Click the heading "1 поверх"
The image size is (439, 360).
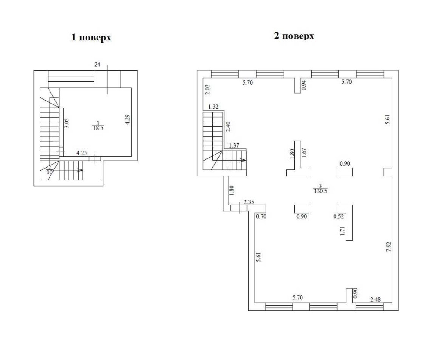(91, 37)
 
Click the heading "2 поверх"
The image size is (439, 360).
(294, 36)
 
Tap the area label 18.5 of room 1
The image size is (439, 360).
(98, 128)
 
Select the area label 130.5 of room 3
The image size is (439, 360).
(320, 191)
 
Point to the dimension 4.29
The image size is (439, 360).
(127, 119)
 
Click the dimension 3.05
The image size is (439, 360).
(67, 123)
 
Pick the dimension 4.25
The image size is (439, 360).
(82, 153)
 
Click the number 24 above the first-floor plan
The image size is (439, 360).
(97, 65)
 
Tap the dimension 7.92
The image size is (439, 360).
(388, 247)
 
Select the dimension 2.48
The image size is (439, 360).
(375, 299)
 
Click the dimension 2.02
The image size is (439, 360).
(208, 89)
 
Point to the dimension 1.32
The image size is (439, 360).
(213, 107)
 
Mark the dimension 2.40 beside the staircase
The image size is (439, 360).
(228, 127)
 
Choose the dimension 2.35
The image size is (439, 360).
(249, 202)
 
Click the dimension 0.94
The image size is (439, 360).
(304, 85)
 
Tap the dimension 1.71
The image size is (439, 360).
(342, 231)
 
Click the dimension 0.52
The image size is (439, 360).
(338, 216)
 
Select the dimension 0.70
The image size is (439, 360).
(262, 216)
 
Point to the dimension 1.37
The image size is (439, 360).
(234, 145)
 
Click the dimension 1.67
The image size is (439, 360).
(304, 153)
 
